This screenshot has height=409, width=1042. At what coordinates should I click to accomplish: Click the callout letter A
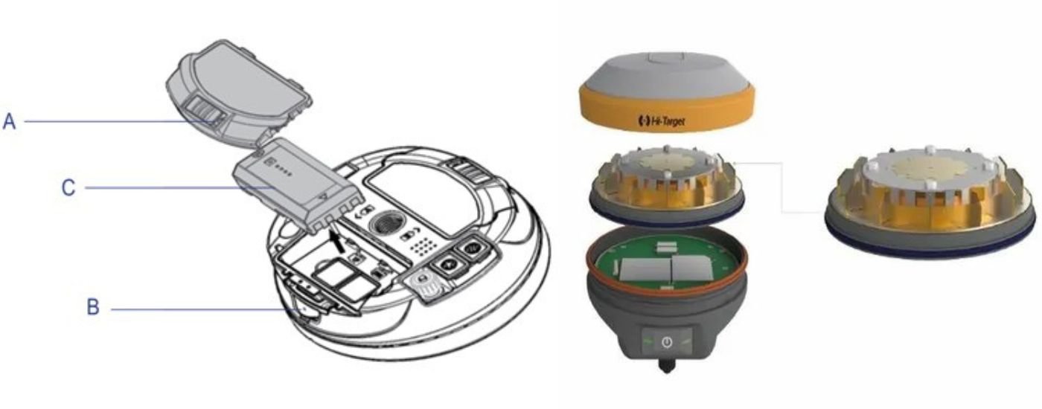(10, 121)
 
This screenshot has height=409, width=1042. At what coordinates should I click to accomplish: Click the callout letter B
(93, 307)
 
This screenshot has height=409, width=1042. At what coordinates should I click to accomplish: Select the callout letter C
(68, 188)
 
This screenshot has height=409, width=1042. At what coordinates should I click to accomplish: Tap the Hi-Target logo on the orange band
(662, 120)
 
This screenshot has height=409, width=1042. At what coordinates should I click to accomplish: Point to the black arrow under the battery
(339, 241)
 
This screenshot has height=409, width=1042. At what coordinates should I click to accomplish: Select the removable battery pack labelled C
(298, 186)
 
